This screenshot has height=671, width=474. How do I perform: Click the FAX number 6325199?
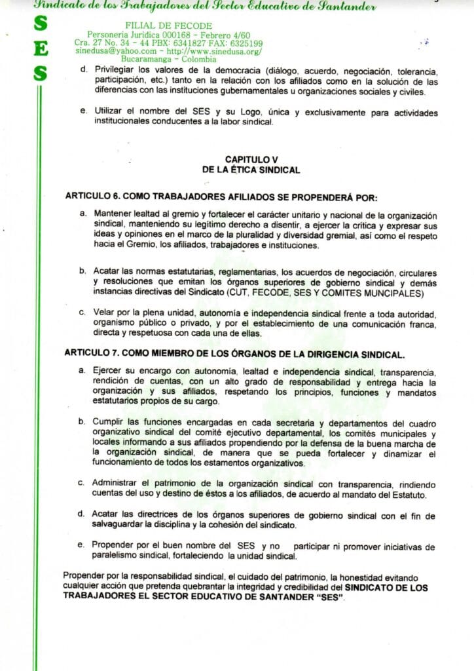click(x=244, y=43)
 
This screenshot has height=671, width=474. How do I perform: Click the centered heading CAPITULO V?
click(x=251, y=159)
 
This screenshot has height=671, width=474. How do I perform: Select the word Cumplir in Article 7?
click(x=111, y=421)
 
